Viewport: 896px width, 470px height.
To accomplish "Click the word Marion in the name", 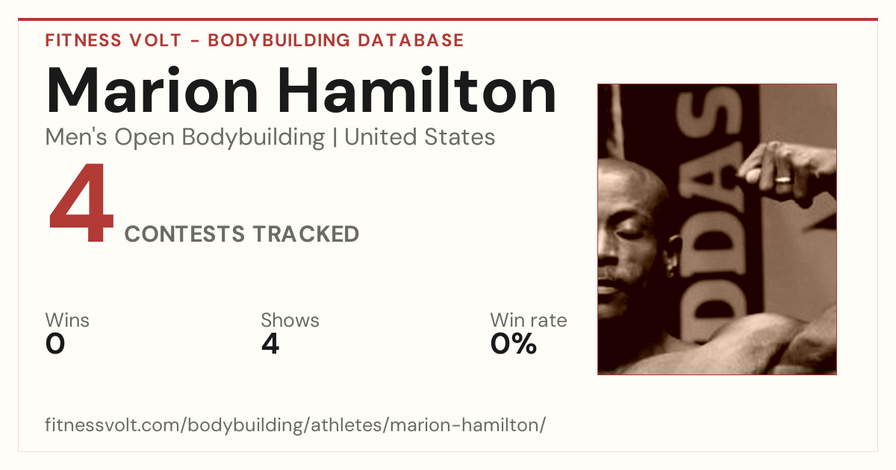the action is pos(152,90).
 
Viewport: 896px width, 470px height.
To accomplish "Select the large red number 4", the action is pos(81,202).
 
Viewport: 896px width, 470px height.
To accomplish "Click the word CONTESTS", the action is pos(184,234).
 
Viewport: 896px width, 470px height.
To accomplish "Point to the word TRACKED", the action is pos(306,234).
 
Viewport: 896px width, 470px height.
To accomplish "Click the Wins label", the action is pos(67,320).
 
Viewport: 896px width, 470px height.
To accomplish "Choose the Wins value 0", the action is pos(55,344).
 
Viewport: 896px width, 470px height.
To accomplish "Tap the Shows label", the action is pos(290,320).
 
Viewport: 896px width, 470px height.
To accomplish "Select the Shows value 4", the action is pos(270,344).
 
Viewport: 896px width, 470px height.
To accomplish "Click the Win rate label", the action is pos(529,320).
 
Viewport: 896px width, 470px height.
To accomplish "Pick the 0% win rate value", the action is pos(514,344).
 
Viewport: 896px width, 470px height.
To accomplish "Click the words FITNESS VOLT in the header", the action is pos(113,40).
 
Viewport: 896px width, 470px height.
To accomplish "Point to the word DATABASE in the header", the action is pos(411,40).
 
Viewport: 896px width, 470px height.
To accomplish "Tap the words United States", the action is pos(420,137).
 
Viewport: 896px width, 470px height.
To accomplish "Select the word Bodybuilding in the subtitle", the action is pos(253,137).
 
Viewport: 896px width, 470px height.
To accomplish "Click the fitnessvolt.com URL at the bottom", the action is pos(295,424).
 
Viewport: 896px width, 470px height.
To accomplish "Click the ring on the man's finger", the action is pos(783,179).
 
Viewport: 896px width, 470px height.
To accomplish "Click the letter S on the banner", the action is pos(708,112).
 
